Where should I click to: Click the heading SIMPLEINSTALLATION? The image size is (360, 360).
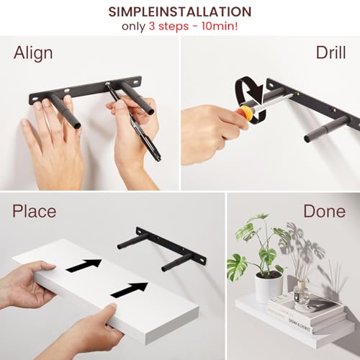click(x=180, y=12)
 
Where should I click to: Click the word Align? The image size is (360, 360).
click(x=33, y=54)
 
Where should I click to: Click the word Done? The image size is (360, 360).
click(x=324, y=212)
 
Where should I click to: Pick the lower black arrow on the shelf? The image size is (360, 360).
click(x=129, y=289)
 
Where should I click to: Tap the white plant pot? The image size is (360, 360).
click(x=268, y=286)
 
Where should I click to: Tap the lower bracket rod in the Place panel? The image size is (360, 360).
click(x=176, y=262)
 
